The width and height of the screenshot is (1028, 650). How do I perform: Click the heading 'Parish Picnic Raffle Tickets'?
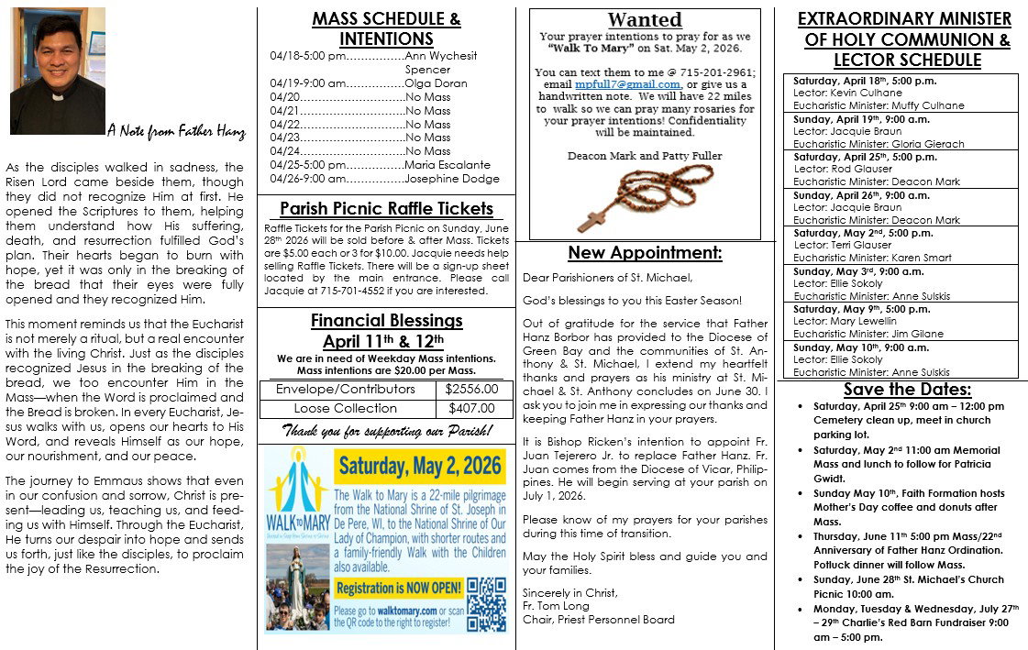(386, 209)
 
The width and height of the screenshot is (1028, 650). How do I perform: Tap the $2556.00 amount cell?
(470, 390)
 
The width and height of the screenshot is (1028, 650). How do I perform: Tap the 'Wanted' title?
(645, 19)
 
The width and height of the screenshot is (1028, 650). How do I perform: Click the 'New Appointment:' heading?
(645, 253)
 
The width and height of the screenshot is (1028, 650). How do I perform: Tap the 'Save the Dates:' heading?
(901, 390)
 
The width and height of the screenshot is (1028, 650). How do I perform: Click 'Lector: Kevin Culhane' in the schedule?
(849, 94)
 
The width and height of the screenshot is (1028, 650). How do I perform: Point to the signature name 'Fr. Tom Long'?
(558, 606)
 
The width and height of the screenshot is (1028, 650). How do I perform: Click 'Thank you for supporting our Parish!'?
(387, 430)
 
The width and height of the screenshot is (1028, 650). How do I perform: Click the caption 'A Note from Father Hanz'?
(176, 131)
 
